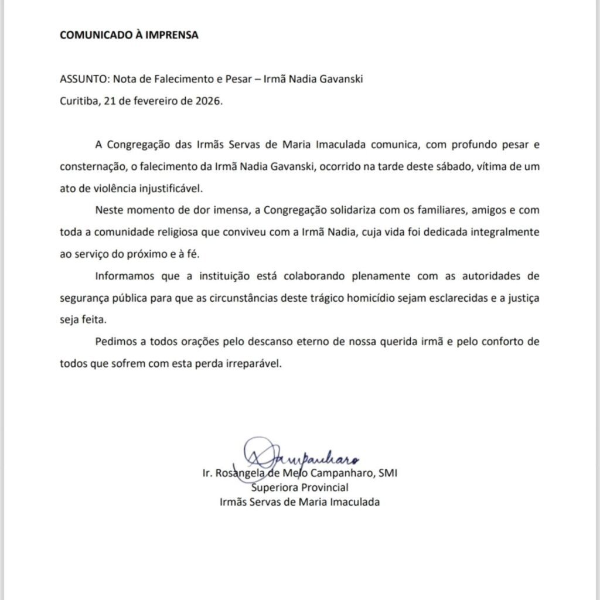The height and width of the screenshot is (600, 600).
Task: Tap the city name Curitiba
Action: pos(79,101)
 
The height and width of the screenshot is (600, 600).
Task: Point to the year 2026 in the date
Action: pos(209,101)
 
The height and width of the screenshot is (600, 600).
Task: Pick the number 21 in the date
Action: pos(110,101)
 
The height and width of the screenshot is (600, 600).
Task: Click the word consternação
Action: pos(92,166)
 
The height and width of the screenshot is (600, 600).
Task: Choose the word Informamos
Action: pos(122,275)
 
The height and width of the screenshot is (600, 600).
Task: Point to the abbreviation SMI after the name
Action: pos(388,473)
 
